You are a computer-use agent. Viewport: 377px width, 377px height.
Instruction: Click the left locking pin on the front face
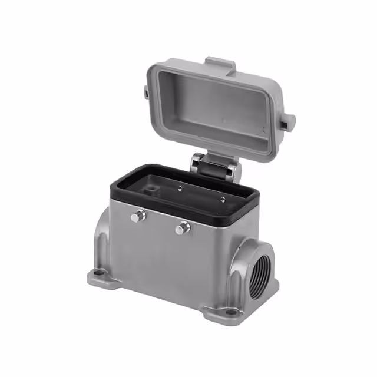(x=137, y=217)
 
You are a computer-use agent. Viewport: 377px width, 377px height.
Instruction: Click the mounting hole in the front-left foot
(x=95, y=274)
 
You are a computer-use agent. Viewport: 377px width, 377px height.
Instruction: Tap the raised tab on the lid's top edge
(x=220, y=63)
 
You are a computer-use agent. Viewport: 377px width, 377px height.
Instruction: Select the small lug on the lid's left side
(x=145, y=91)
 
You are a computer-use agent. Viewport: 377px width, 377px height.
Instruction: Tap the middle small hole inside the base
(x=180, y=189)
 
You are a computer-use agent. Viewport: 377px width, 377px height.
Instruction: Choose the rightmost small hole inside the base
(x=222, y=199)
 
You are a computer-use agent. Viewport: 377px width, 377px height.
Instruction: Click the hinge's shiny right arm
(x=233, y=171)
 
